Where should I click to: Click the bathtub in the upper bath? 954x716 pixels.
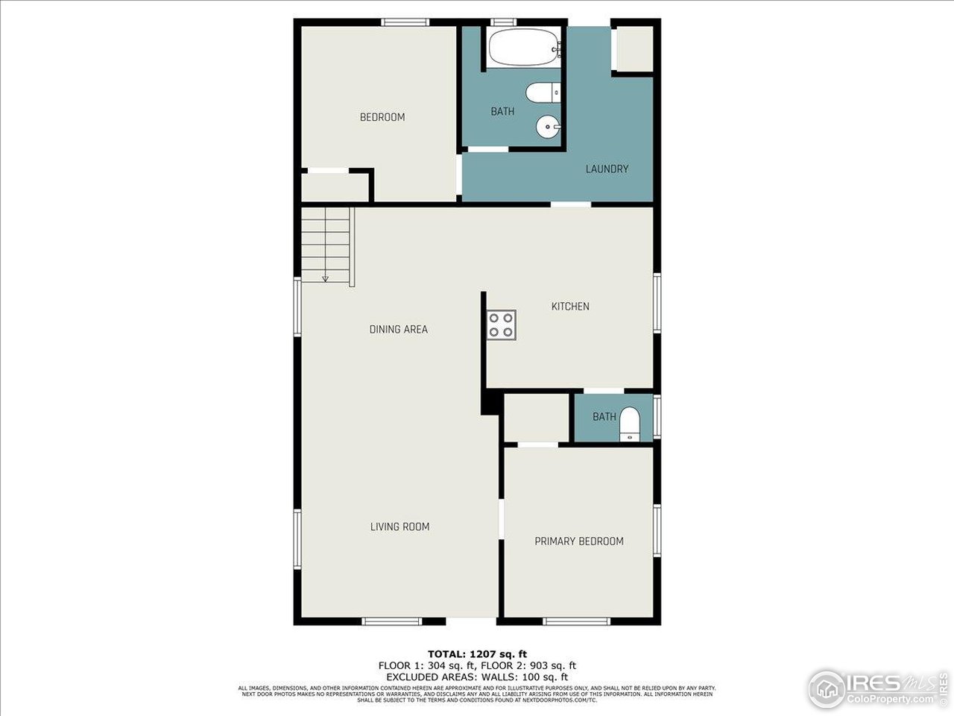pos(523,48)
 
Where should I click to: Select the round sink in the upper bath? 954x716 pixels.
pos(547,127)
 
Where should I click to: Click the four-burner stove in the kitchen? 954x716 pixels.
pos(501,324)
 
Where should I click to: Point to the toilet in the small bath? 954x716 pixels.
pos(630,424)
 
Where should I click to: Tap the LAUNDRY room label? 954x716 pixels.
pos(607,169)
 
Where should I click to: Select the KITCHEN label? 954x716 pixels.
pos(570,306)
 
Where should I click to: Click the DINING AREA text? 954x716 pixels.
pos(398,329)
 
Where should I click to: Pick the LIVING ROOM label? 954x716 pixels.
pos(399,527)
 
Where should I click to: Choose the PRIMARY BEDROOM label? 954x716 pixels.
pos(579,541)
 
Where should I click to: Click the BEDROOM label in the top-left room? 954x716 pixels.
pos(382,117)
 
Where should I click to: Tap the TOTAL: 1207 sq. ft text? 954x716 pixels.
pos(477,654)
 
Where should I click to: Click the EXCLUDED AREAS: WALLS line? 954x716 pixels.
pos(477,676)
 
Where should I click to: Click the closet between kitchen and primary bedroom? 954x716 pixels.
pos(537,418)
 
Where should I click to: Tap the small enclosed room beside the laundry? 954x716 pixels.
pos(633,48)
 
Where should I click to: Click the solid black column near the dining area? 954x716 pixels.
pos(490,403)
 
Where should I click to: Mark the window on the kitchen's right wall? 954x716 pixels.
pos(657,303)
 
